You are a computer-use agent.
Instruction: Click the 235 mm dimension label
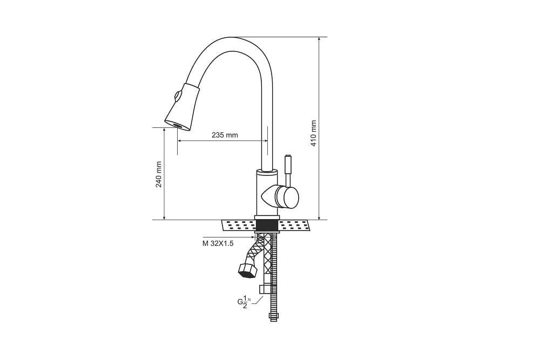point(225,135)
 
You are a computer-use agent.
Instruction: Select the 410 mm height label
point(313,133)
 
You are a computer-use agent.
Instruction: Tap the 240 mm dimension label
point(159,174)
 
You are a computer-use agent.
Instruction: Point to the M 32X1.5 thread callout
point(218,243)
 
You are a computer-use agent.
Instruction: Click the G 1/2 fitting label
point(244,302)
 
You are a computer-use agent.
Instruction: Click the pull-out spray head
point(182,107)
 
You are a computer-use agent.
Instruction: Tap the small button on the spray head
point(178,96)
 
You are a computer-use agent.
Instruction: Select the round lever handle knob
point(287,197)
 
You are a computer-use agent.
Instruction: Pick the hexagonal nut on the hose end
point(247,270)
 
